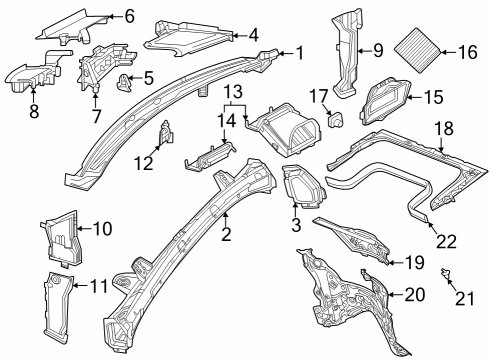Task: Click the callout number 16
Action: click(468, 52)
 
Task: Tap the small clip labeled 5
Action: click(124, 82)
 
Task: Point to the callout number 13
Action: click(233, 92)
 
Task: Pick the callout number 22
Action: click(446, 242)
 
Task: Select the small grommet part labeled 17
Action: click(336, 119)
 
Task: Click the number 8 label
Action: click(34, 111)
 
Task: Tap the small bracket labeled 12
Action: click(166, 133)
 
